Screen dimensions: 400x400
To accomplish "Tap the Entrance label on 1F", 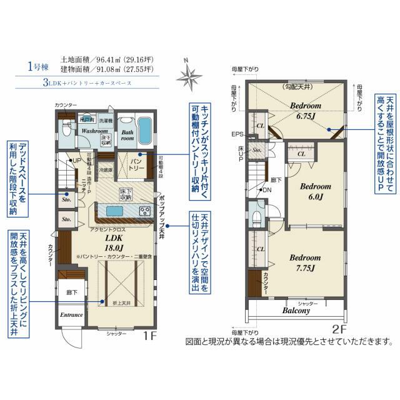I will click(x=71, y=314).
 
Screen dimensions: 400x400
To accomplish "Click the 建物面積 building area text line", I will click(x=103, y=67).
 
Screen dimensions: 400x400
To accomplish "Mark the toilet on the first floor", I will click(x=66, y=129).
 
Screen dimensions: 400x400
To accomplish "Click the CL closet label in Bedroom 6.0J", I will click(x=301, y=154).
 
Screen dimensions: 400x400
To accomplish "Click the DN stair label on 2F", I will click(x=266, y=190).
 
